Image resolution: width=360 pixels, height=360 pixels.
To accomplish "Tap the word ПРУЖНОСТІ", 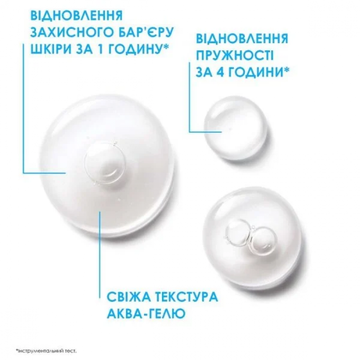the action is coord(235,55).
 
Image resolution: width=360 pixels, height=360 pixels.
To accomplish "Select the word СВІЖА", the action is coord(129,296).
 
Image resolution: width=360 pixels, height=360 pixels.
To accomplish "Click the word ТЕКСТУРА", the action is coord(186,296).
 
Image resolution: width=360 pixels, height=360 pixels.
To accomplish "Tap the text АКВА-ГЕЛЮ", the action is coord(146,313).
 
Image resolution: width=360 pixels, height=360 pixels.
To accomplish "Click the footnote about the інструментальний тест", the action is coord(46,351).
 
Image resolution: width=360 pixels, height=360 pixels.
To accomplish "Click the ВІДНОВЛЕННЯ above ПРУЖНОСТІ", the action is coord(242,39).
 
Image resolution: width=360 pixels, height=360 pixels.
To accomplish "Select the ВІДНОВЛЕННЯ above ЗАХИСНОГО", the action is coord(77,15).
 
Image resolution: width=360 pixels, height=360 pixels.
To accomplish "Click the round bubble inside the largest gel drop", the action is coord(105,164).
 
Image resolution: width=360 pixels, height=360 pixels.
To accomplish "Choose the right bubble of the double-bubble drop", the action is coord(263,239).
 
